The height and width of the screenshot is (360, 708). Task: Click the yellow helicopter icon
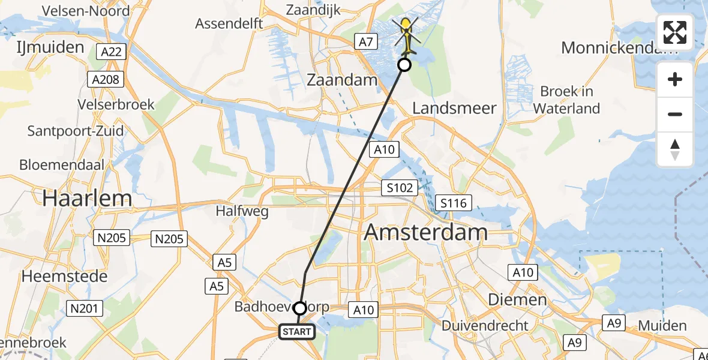(407, 34)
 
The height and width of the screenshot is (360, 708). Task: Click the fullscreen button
(675, 32)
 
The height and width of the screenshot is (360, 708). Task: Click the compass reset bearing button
(675, 149)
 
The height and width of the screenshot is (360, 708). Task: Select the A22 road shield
(112, 52)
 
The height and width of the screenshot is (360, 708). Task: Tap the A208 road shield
(106, 79)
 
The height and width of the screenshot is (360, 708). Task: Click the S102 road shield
(400, 188)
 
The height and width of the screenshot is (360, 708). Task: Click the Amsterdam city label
(425, 232)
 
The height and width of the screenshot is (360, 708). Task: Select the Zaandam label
(342, 80)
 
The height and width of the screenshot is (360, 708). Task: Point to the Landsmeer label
(455, 108)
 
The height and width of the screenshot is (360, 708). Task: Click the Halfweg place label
(242, 211)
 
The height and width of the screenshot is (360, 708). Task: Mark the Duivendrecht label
(485, 326)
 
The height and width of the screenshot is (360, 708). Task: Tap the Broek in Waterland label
(566, 100)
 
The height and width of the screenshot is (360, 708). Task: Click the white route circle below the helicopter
(404, 65)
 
